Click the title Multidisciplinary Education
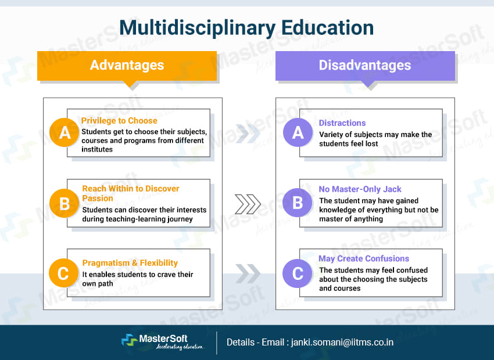pos(246,27)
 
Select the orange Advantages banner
pos(127,65)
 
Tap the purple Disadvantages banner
pos(364,65)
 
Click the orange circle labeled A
pos(65,134)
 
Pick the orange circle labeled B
pos(65,203)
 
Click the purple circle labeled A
pos(298,134)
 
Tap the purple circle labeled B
pos(298,203)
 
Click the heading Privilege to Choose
pos(119,121)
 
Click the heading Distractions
pos(342,123)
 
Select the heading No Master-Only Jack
pos(360,189)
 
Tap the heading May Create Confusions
pos(364,258)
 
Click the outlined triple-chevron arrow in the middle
pos(248,204)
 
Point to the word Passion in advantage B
pos(98,199)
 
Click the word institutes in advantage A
pos(98,149)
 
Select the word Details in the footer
pos(239,342)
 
